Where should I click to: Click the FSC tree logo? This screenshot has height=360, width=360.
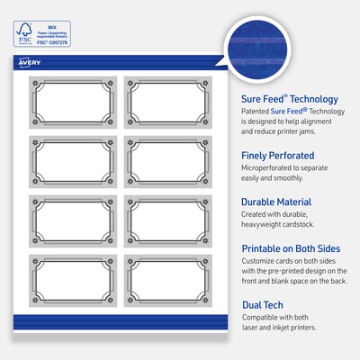click(19, 21)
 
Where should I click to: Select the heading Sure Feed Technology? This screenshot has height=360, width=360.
click(290, 99)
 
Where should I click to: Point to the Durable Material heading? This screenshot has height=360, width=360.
click(283, 202)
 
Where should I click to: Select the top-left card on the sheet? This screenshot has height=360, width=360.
click(70, 103)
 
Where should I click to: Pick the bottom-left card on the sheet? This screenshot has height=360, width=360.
click(70, 282)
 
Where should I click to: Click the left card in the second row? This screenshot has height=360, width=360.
click(70, 163)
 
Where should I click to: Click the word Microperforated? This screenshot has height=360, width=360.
click(270, 170)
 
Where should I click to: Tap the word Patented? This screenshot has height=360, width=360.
click(257, 113)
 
